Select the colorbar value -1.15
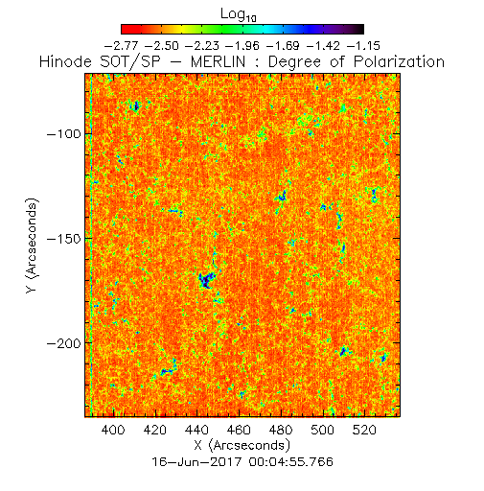(363, 46)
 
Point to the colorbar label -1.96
(242, 46)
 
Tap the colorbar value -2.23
(202, 46)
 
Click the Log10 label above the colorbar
(239, 14)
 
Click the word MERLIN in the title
(218, 61)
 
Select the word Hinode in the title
(65, 61)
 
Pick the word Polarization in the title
(399, 61)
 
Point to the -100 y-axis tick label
(64, 133)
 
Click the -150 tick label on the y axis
(64, 239)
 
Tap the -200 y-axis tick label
(64, 343)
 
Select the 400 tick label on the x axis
(113, 430)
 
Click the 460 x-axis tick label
(239, 430)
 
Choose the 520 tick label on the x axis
(364, 430)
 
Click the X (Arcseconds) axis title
(242, 445)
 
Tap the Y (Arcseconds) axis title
(32, 245)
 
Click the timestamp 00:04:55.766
(291, 462)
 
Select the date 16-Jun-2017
(196, 462)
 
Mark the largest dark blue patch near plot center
(206, 280)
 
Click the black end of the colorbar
(359, 29)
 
